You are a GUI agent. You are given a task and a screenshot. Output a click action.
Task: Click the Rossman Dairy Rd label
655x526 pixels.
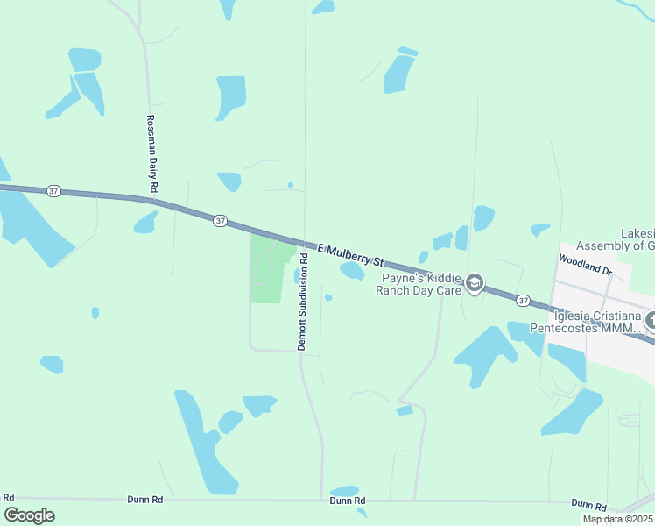click(151, 153)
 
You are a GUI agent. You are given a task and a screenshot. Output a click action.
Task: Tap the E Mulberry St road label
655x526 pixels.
click(350, 255)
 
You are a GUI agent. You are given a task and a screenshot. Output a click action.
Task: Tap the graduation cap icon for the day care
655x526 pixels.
click(475, 282)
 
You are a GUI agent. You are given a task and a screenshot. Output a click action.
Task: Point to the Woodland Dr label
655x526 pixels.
click(584, 266)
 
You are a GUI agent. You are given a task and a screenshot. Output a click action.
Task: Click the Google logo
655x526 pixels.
click(29, 515)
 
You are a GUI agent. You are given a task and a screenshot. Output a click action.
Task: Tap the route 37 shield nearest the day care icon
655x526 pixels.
click(523, 300)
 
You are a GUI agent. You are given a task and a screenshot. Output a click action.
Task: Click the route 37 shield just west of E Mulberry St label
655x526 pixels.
click(220, 221)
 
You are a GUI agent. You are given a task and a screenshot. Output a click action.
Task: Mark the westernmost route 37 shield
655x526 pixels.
click(53, 191)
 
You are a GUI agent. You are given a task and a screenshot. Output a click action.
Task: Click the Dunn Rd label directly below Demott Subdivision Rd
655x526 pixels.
click(347, 501)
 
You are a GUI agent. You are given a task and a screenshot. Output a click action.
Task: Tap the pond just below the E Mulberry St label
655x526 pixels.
click(352, 272)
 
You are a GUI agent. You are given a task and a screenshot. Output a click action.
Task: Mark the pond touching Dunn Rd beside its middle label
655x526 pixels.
click(344, 490)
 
